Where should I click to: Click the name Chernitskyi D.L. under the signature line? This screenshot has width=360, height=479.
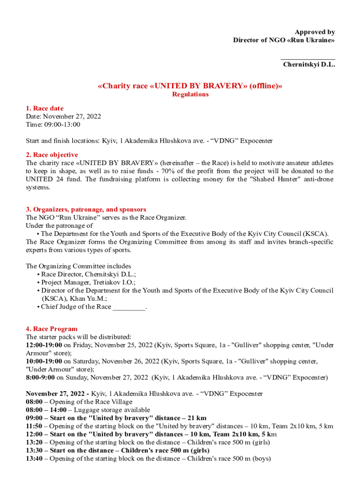click(309, 65)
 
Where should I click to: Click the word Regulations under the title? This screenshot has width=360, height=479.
click(190, 94)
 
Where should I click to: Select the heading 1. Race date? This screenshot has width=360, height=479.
click(44, 109)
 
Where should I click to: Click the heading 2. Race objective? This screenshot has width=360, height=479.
click(52, 155)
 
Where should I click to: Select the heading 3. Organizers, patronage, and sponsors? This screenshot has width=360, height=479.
click(86, 210)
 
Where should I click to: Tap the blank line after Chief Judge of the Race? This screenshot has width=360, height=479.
click(129, 307)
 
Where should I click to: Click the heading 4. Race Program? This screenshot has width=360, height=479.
click(51, 329)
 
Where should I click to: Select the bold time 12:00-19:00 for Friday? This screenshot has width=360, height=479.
click(44, 345)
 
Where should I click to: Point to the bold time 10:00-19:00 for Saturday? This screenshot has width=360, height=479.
click(44, 362)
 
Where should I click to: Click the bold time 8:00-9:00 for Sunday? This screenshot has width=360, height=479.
click(40, 377)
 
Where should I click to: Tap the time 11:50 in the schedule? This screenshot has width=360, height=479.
click(34, 426)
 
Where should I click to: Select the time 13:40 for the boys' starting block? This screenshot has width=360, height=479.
click(34, 459)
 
